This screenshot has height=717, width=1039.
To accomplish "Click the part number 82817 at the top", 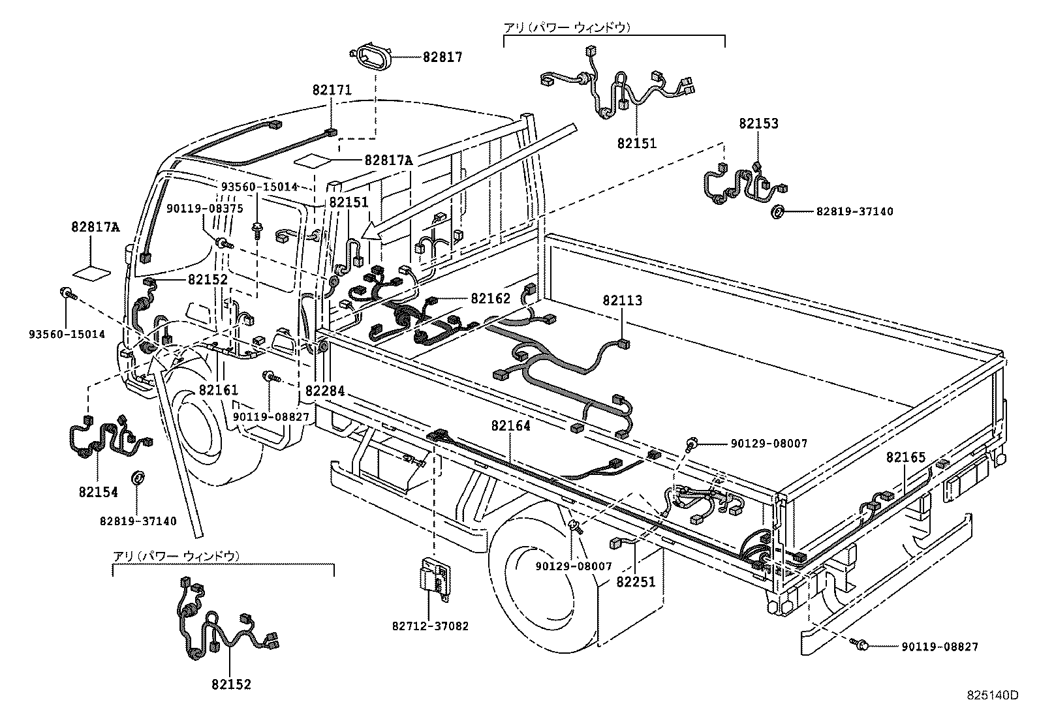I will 442,57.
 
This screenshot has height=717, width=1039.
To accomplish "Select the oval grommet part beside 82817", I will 370,57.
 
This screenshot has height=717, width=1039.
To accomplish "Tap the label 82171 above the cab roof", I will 332,91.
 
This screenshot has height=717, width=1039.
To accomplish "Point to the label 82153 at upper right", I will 758,123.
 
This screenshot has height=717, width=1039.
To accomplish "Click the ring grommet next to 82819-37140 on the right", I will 778,211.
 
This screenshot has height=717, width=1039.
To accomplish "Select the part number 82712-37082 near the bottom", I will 430,626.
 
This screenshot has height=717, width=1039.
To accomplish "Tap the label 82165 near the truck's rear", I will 905,457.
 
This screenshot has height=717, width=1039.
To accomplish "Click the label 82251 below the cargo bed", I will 635,583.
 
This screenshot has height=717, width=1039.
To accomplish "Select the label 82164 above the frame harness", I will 510,425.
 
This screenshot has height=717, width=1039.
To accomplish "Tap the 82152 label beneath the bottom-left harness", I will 230,684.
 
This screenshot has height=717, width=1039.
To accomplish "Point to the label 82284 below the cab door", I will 324,391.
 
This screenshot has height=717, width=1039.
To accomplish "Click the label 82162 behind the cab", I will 490,299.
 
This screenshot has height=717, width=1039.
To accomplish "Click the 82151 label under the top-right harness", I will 636,143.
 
